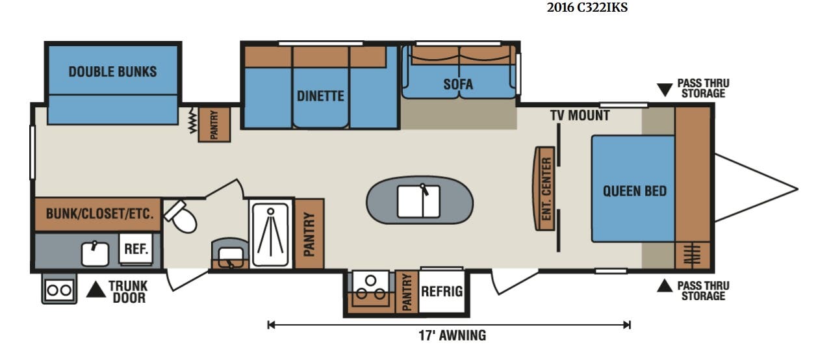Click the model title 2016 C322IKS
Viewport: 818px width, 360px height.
[x=587, y=8]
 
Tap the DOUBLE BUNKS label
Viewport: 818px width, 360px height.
[x=112, y=71]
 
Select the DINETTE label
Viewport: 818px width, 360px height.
[x=320, y=96]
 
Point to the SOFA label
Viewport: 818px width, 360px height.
[x=458, y=84]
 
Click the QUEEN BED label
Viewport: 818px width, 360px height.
[x=635, y=191]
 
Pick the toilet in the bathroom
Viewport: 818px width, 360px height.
[x=181, y=216]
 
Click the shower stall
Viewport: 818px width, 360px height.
[x=270, y=235]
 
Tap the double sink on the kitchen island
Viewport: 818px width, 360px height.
[x=418, y=201]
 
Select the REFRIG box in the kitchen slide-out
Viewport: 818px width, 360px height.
[x=442, y=291]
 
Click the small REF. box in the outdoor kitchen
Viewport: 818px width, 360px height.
[x=136, y=249]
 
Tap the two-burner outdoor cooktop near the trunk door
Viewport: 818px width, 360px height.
[x=59, y=290]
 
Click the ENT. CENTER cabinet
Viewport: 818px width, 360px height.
[x=545, y=188]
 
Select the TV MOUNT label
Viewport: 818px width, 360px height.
[x=580, y=116]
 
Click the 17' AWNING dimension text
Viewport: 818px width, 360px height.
[x=452, y=335]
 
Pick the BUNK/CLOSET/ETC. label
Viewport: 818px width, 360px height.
[x=99, y=214]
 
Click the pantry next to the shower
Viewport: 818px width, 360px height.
[x=309, y=234]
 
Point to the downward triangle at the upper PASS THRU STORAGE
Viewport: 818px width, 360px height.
[x=665, y=90]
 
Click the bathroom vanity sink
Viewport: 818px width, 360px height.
[x=231, y=255]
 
